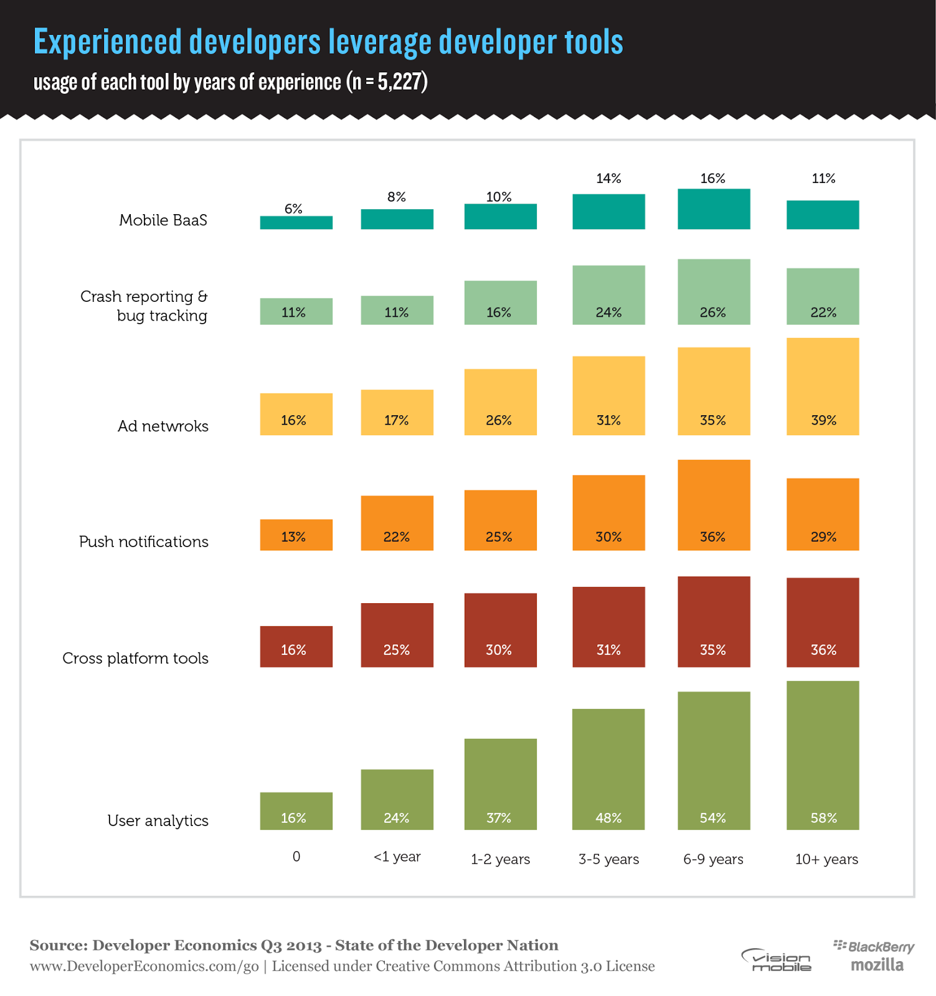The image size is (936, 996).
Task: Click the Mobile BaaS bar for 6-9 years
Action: [714, 209]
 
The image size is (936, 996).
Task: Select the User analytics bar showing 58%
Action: [823, 755]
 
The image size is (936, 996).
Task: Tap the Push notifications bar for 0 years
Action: [296, 535]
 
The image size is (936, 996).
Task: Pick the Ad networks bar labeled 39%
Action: [823, 386]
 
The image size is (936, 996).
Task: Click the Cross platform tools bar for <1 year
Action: [397, 635]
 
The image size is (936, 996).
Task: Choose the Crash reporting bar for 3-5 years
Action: [608, 295]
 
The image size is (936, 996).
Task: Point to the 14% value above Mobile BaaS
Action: [608, 179]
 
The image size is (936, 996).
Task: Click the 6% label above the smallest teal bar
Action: [293, 209]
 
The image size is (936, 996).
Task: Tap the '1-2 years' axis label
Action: [500, 859]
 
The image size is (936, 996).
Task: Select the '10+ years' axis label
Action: [826, 859]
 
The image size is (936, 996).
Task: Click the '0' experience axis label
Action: [296, 857]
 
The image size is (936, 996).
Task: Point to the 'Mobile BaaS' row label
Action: [163, 220]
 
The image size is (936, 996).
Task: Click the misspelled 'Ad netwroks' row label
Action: [163, 426]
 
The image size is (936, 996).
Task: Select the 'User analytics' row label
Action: [158, 820]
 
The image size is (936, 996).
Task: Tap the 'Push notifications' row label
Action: [144, 542]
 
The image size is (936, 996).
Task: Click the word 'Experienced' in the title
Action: [107, 42]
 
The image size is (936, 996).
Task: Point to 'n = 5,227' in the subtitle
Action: [386, 82]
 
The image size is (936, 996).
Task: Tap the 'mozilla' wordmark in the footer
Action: [877, 965]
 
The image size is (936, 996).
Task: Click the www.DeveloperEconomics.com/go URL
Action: [144, 966]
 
